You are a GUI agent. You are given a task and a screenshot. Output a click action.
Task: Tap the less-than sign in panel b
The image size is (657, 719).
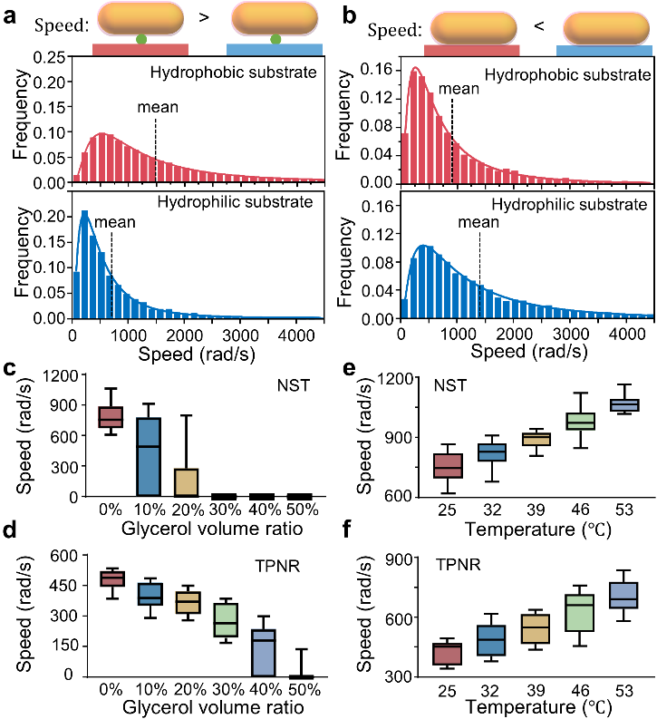pyautogui.click(x=537, y=25)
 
